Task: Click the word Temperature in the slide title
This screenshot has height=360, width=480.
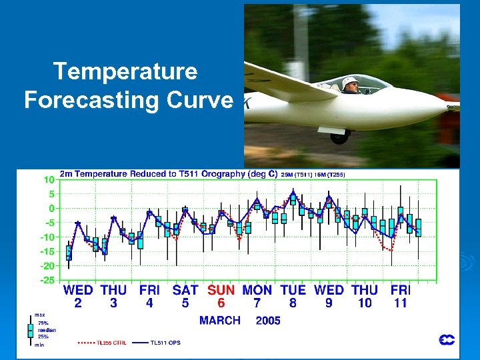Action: tap(125, 71)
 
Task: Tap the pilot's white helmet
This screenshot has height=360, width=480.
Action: tap(349, 83)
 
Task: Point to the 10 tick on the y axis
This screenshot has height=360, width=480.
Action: tap(49, 180)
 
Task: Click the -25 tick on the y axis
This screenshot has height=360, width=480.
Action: tap(47, 280)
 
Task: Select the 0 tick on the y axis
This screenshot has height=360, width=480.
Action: tap(51, 209)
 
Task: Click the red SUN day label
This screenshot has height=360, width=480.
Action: tap(221, 290)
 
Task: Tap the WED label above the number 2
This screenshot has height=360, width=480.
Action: tap(78, 290)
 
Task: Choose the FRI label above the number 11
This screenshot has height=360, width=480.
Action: tap(401, 290)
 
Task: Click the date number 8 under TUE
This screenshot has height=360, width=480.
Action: tap(293, 303)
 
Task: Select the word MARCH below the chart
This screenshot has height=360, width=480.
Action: tap(220, 321)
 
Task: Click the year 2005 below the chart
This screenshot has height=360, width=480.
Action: tap(268, 321)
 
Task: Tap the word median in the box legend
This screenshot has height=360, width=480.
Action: tap(47, 330)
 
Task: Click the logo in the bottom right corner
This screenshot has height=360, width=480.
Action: tap(447, 340)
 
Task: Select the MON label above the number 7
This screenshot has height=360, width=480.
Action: tap(257, 290)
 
